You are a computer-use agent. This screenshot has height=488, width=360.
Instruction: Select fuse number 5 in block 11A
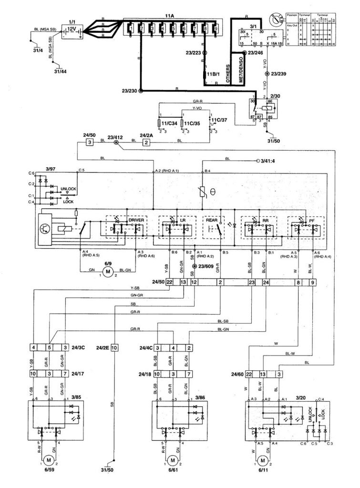click(x=173, y=30)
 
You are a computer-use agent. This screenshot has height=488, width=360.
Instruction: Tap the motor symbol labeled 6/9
click(x=108, y=272)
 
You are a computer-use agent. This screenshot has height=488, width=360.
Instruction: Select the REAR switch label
click(x=211, y=220)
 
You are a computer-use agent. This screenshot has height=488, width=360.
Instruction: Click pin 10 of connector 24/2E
click(x=114, y=348)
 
